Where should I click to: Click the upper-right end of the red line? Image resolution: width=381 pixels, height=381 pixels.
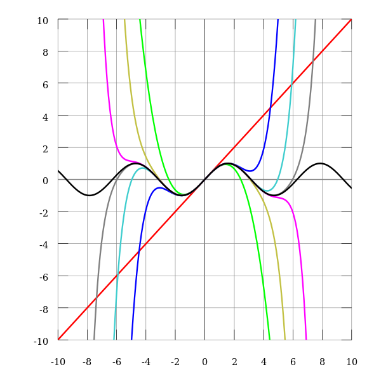tap(351, 19)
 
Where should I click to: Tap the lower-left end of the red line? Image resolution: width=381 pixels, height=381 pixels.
tap(58, 339)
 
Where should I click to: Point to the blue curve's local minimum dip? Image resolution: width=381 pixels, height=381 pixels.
tap(252, 171)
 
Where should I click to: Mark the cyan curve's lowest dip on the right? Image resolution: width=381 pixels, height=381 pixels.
tap(271, 191)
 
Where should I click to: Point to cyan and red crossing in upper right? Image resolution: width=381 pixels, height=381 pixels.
tap(290, 86)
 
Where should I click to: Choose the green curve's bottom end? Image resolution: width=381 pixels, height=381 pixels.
tap(270, 338)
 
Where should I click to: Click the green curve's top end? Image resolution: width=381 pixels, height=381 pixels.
tap(140, 20)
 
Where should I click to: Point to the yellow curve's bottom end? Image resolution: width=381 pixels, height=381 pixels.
tap(285, 338)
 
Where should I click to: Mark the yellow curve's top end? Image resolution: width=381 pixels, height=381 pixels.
tap(124, 20)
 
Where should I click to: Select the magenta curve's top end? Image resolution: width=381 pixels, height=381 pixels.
tap(102, 20)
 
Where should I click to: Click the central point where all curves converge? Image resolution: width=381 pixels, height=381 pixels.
tap(204, 179)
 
